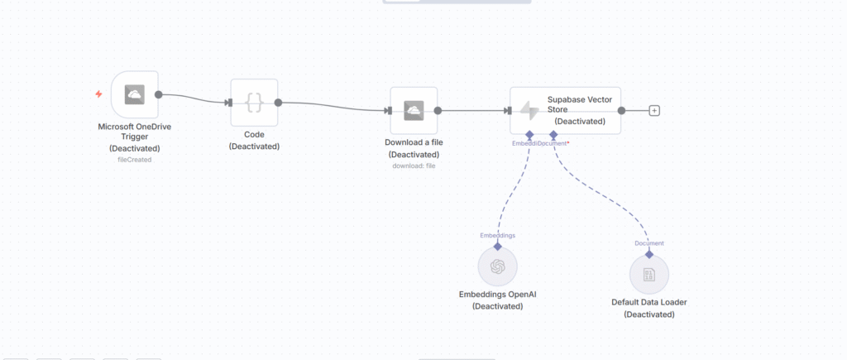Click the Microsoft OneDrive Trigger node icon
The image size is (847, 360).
point(134,94)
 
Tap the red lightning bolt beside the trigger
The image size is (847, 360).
point(98,94)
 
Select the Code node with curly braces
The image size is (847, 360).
point(254,103)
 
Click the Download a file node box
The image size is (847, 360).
point(414,110)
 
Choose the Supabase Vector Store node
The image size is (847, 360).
point(565,109)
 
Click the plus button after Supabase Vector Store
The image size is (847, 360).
point(654,110)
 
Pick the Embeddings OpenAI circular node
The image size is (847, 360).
point(497,266)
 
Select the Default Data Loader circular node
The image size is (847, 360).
point(649,274)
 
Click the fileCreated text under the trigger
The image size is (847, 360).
point(134,159)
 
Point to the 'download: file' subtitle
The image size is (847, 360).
point(414,166)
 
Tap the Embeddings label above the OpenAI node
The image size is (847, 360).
point(497,236)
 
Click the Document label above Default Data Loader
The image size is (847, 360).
point(649,243)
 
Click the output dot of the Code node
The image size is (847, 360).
point(278,103)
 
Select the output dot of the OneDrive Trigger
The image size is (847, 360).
point(158,94)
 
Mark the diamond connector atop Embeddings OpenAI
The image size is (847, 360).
point(497,246)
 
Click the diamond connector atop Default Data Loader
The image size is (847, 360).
point(649,253)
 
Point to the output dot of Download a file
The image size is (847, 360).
point(438,110)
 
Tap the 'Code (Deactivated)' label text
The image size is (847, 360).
point(254,140)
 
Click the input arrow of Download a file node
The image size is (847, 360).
point(389,110)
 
